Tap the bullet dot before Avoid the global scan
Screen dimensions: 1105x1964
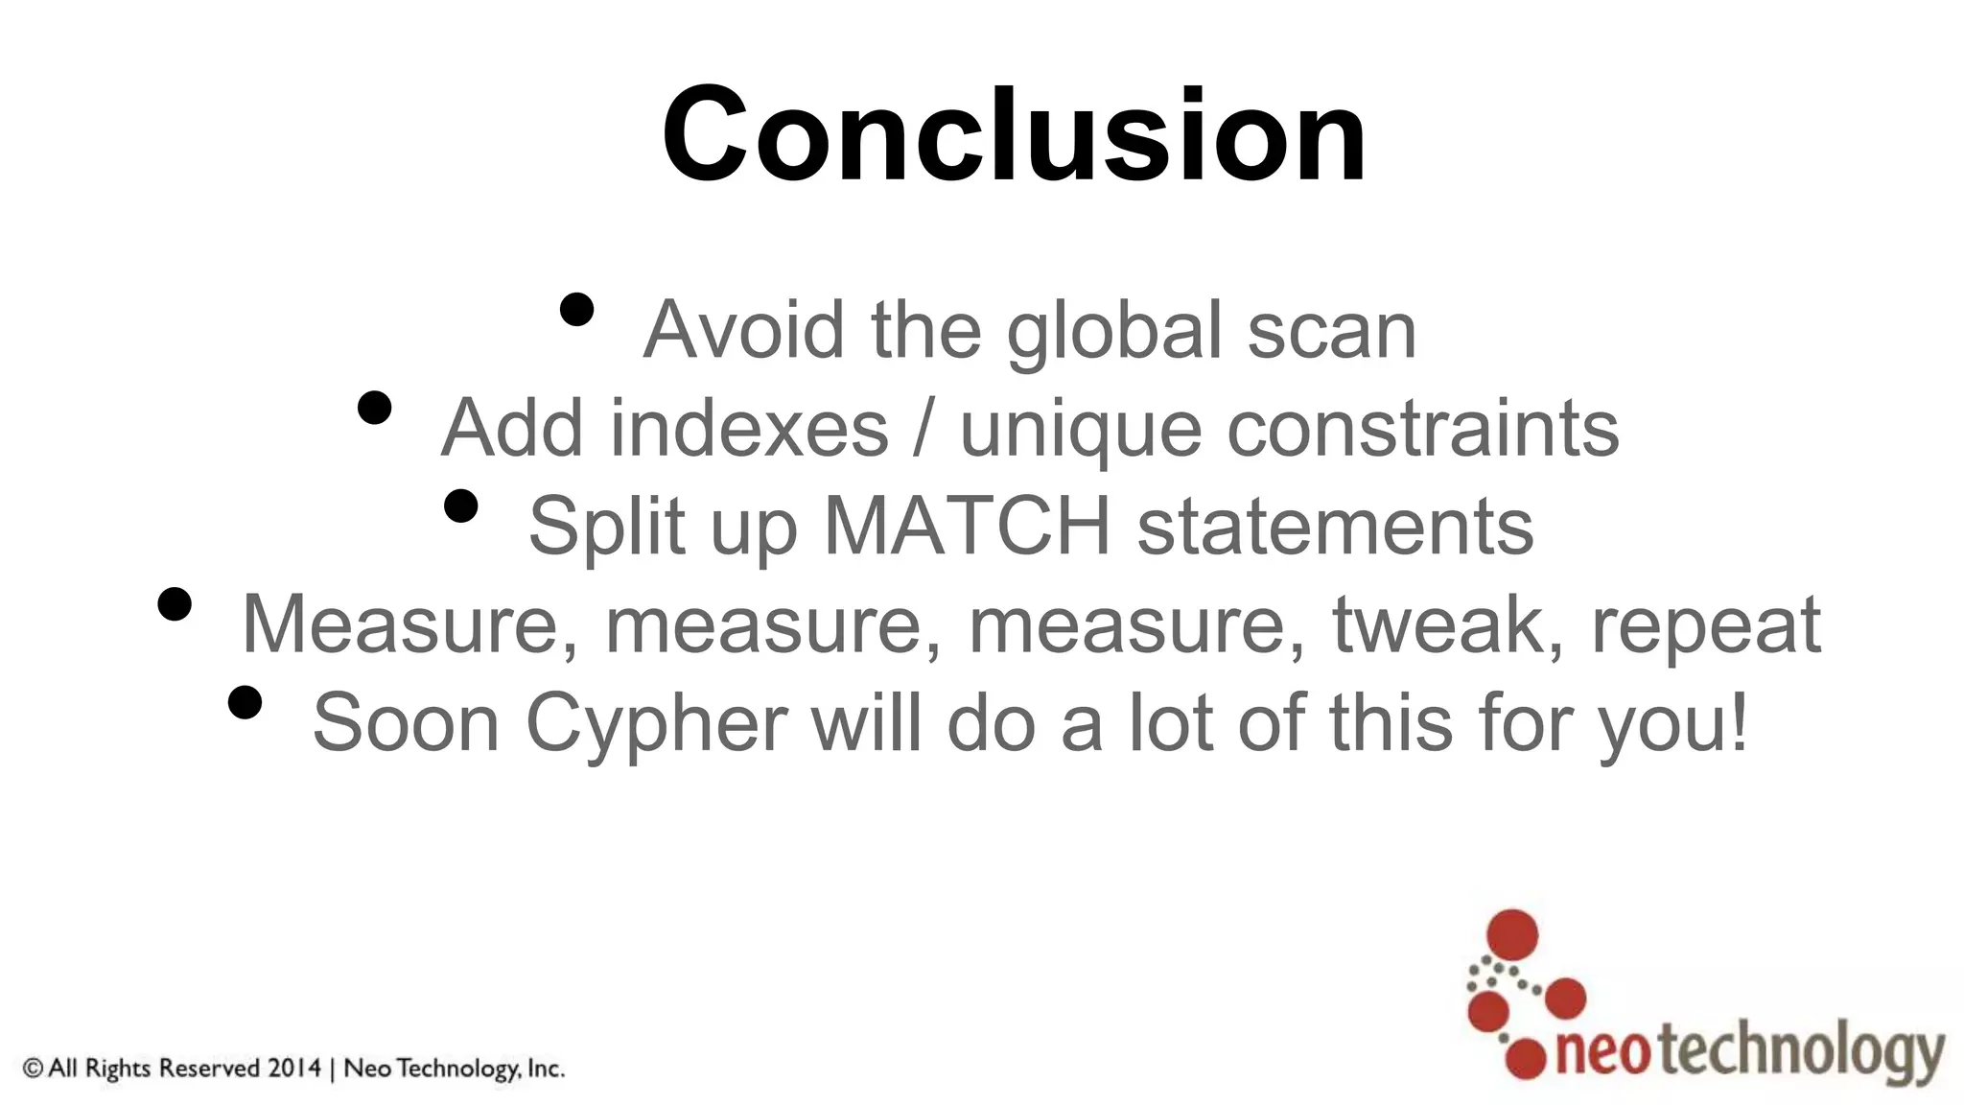point(576,310)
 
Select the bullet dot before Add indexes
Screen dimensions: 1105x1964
point(374,408)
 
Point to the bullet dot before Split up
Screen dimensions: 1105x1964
point(461,505)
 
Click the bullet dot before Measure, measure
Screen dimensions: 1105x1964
point(175,604)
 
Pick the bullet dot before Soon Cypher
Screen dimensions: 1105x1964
point(245,702)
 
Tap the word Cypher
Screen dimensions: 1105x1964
point(657,724)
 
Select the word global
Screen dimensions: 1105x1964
point(1113,331)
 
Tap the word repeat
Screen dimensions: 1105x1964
point(1706,626)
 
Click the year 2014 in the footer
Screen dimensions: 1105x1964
point(293,1068)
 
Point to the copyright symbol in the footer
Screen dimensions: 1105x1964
point(34,1068)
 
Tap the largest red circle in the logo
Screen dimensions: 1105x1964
point(1511,934)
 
